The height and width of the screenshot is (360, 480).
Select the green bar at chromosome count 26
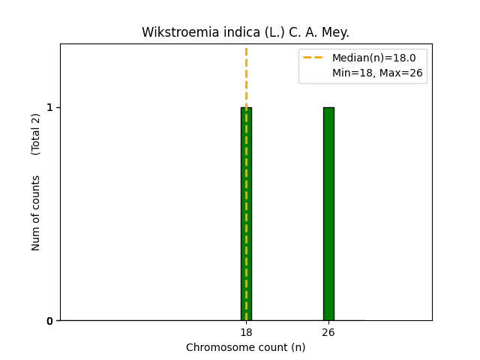click(328, 214)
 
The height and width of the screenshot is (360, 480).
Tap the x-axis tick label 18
click(246, 332)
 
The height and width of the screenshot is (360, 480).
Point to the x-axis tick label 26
click(328, 332)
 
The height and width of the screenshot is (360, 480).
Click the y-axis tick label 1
click(50, 107)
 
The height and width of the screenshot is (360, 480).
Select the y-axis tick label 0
click(50, 321)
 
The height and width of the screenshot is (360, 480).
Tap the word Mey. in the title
click(335, 33)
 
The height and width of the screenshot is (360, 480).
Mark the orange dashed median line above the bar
click(246, 75)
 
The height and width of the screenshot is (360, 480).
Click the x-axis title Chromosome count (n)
click(246, 348)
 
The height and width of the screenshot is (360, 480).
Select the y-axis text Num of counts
click(36, 213)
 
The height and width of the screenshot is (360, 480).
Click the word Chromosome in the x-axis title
click(215, 348)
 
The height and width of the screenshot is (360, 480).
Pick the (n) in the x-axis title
click(298, 348)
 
